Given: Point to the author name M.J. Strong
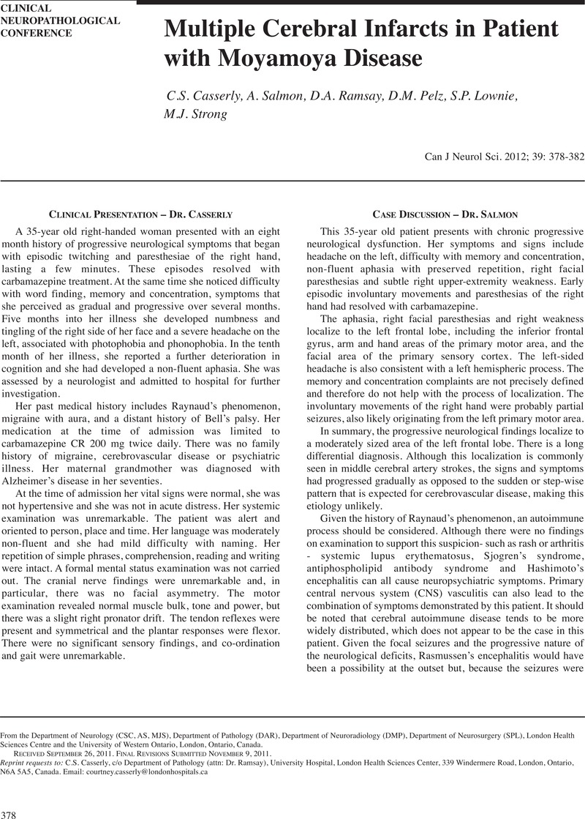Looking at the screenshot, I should [x=195, y=114].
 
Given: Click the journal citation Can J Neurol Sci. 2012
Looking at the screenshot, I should [x=466, y=157].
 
